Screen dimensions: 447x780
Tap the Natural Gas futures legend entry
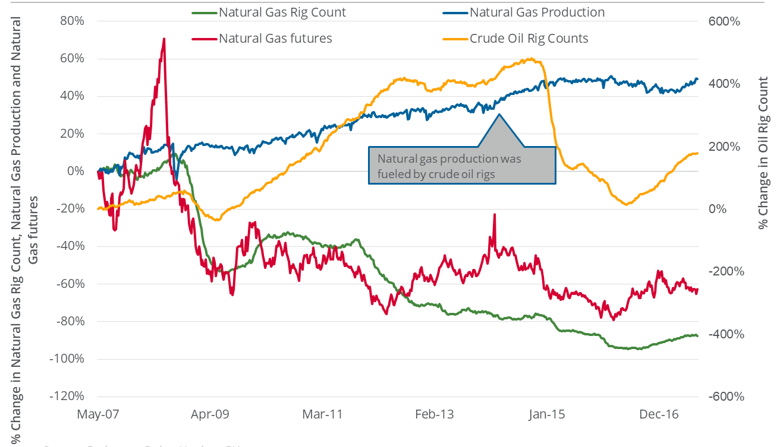[x=275, y=39]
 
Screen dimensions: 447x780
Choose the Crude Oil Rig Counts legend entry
[x=529, y=39]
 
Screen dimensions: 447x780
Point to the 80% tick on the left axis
[x=71, y=21]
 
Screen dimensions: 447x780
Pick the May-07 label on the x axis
[x=97, y=414]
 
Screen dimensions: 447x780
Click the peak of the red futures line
[x=163, y=39]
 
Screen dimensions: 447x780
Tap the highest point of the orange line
[x=531, y=59]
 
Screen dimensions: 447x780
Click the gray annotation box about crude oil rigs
[x=462, y=166]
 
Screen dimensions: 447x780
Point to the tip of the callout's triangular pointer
[x=499, y=114]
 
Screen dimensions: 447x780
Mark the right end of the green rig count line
[x=698, y=336]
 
